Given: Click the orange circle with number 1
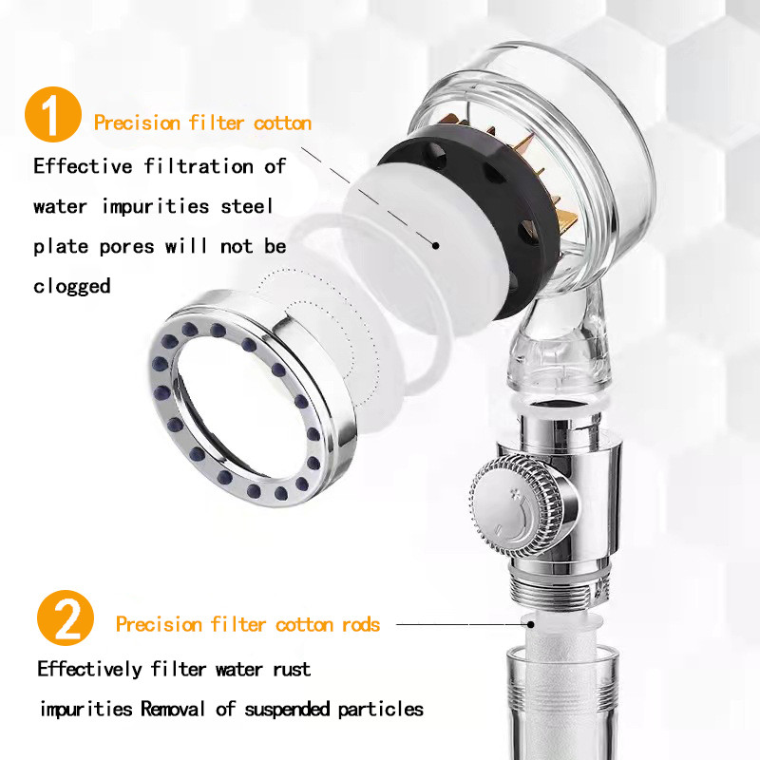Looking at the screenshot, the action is pos(53,114).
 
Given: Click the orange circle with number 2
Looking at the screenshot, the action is pos(66,617).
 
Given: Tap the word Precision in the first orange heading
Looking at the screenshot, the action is pos(137,123).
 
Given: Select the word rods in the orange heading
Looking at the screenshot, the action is pos(361,624).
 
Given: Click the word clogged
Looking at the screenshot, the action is pos(72,286).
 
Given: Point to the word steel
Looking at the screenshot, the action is pos(247,206).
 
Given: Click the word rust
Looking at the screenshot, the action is pos(292,670).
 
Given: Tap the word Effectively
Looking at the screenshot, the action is pos(89,669).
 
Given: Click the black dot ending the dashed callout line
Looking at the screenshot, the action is pos(436,246).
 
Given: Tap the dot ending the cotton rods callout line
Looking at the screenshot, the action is pos(531,624).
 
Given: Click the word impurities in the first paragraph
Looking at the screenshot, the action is pos(155,206).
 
